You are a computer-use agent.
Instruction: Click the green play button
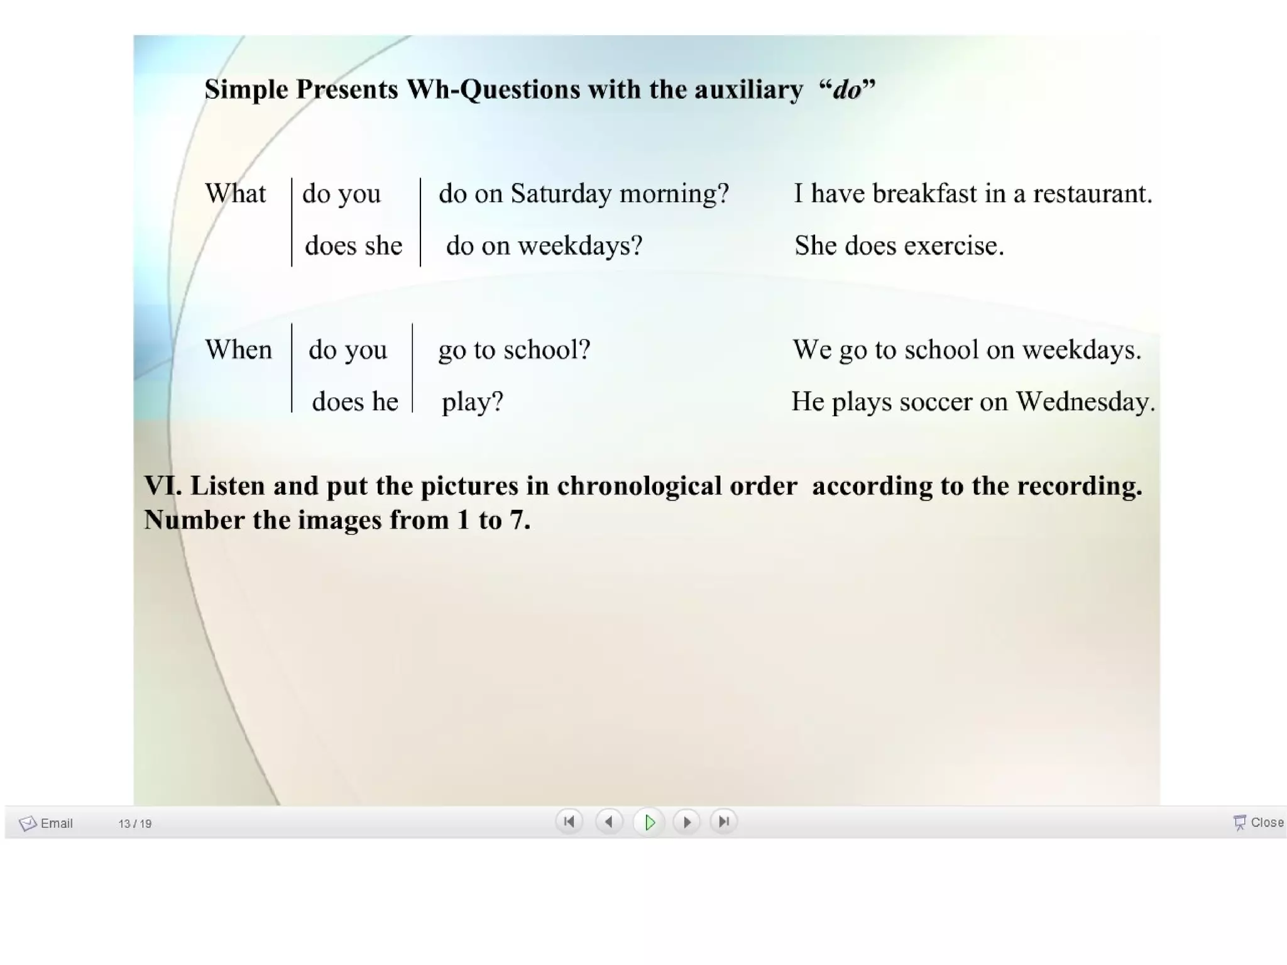(649, 822)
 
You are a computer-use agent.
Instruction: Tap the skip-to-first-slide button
(569, 822)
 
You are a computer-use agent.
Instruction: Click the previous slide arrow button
(608, 822)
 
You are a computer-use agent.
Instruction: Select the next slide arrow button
(687, 822)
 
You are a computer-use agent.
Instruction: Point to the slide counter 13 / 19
(134, 824)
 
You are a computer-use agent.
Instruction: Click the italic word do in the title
(846, 90)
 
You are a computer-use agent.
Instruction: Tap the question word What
(236, 193)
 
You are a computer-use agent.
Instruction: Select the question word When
(239, 350)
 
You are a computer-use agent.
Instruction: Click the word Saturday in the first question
(561, 193)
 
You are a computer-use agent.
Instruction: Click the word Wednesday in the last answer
(1085, 402)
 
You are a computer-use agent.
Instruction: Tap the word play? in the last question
(473, 402)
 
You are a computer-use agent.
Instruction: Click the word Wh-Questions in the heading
(493, 89)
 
